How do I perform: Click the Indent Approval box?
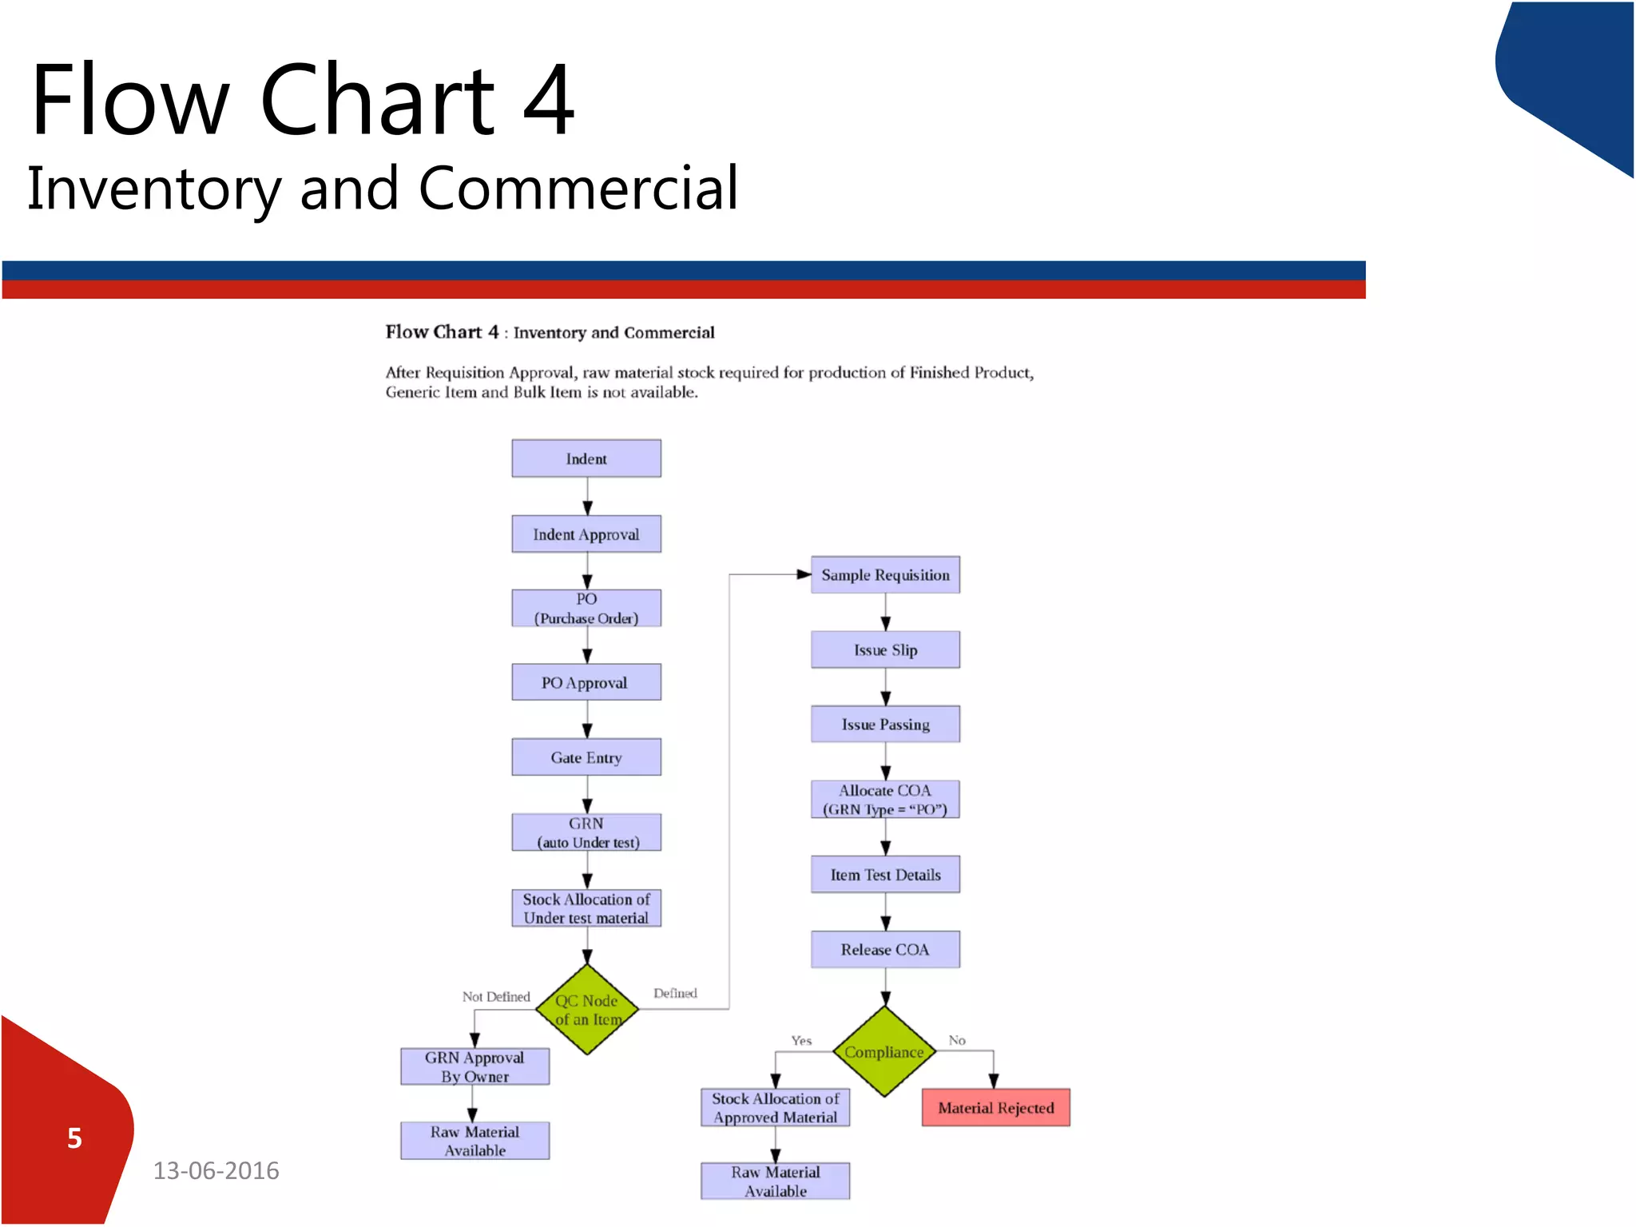pos(586,534)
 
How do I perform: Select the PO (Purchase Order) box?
pos(586,609)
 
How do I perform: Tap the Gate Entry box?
pos(586,757)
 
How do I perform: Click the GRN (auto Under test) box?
pos(586,832)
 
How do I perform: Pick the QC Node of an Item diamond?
pos(587,1010)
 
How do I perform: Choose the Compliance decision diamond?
pos(884,1052)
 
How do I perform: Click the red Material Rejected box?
pos(995,1108)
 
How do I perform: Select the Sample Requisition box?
pos(885,575)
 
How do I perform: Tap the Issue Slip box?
pos(885,650)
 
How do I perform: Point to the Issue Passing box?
pos(885,725)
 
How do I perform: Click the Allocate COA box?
pos(885,800)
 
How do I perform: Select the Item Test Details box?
pos(885,875)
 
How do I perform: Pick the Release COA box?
pos(885,950)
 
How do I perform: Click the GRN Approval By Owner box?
pos(475,1066)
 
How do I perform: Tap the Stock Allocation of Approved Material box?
pos(775,1108)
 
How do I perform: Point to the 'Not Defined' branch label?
pos(496,997)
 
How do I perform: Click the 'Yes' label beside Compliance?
pos(801,1041)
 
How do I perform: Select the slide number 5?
pos(74,1138)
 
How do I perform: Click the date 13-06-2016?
pos(216,1171)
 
